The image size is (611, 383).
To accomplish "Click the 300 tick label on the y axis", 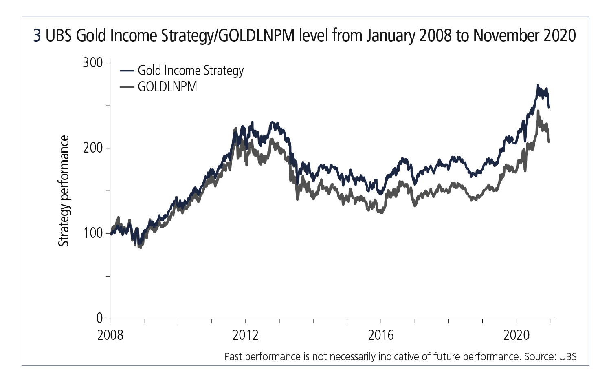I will tap(92, 62).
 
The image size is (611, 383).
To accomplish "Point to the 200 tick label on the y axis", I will tap(92, 148).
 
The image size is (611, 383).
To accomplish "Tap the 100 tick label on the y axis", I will tap(92, 233).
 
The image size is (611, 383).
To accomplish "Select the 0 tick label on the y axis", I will tap(100, 318).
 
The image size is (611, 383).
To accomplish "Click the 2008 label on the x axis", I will tap(110, 335).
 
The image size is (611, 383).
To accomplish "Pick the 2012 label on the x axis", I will tap(245, 335).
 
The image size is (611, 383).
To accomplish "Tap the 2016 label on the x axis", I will tap(381, 335).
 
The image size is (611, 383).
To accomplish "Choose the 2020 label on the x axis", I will tap(516, 335).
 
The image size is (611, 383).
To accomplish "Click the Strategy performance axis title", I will tap(64, 191).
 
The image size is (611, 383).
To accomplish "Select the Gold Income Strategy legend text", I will tap(191, 71).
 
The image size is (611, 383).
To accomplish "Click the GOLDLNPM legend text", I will tap(167, 87).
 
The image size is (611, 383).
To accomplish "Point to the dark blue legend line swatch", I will tap(127, 71).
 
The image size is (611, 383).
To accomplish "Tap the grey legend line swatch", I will tap(127, 87).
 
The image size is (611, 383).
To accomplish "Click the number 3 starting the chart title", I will tap(37, 36).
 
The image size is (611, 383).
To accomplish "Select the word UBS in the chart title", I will tap(59, 36).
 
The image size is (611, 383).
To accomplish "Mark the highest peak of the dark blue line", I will tap(538, 85).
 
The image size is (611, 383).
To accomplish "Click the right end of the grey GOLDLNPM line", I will tap(549, 142).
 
